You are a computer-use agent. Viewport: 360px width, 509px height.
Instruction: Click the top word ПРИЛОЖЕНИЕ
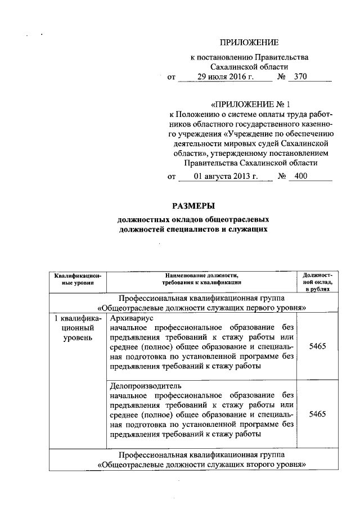click(249, 42)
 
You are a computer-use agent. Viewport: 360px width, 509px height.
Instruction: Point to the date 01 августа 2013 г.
click(225, 176)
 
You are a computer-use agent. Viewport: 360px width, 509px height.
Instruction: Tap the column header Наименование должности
click(202, 276)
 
